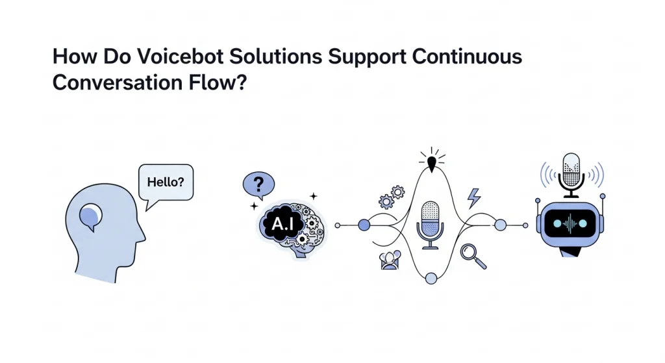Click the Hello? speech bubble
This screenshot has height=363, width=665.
click(x=166, y=182)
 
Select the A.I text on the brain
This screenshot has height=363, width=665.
click(x=281, y=224)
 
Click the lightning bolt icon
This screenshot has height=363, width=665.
click(x=474, y=197)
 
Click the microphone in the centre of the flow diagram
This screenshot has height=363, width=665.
click(x=431, y=223)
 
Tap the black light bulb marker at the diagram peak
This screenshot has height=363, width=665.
click(x=430, y=160)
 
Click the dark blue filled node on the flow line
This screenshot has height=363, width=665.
click(x=364, y=225)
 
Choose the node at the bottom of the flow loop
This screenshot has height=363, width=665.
click(x=431, y=279)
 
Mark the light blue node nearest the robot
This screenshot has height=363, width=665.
click(x=500, y=225)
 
